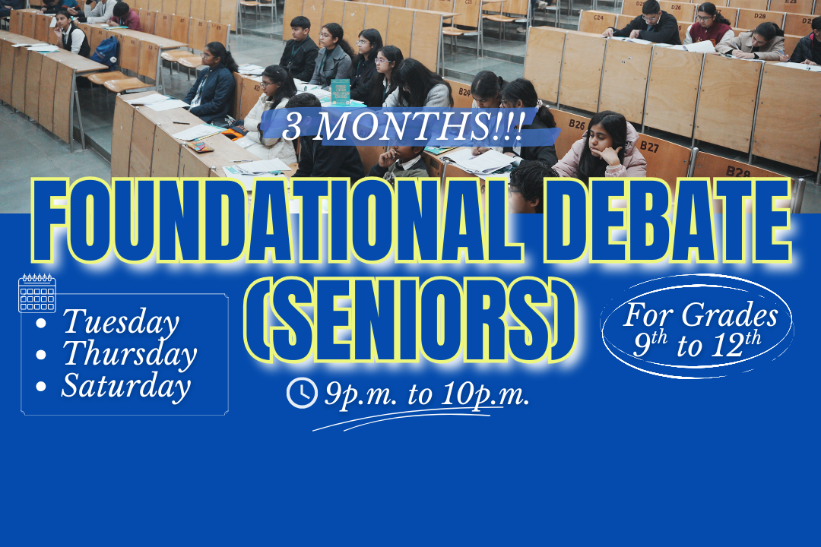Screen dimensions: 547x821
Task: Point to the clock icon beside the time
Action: pos(302,394)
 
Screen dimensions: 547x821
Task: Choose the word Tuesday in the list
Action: pos(121,322)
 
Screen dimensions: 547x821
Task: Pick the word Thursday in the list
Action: pos(129,354)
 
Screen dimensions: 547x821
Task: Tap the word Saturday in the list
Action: pos(125,386)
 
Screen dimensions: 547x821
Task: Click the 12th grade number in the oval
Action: pos(737,346)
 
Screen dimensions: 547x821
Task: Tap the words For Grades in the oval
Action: pos(700,315)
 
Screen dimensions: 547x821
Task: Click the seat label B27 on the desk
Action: pos(649,145)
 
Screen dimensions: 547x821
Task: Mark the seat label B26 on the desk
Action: pos(577,124)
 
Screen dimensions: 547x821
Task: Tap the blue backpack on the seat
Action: pos(106,52)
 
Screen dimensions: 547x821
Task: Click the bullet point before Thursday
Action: pos(42,355)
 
